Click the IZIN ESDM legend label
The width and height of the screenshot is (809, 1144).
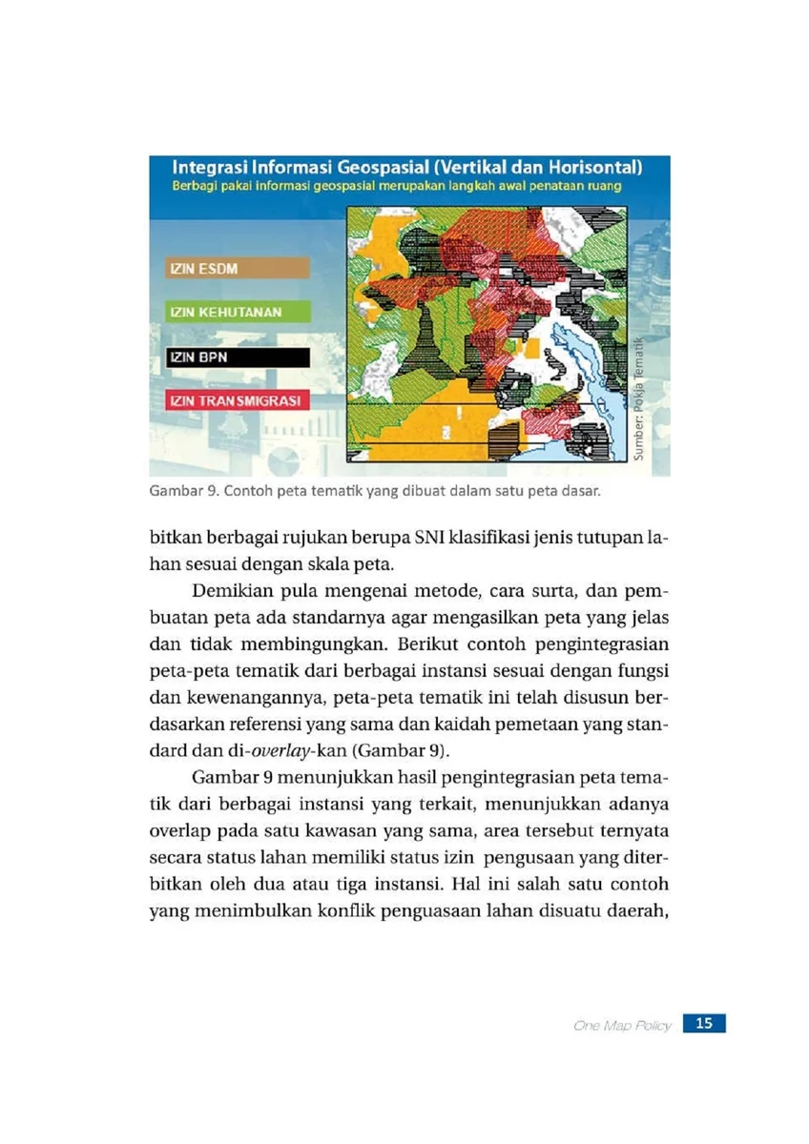[x=204, y=268]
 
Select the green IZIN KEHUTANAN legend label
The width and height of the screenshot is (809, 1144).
[x=218, y=313]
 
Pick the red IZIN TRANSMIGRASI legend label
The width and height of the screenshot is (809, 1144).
[x=234, y=401]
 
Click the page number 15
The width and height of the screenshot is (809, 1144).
[x=704, y=1024]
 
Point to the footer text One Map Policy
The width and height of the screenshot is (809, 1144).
[x=623, y=1026]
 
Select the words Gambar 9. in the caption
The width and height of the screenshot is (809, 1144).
[x=177, y=493]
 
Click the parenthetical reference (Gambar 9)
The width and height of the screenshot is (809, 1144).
[x=355, y=744]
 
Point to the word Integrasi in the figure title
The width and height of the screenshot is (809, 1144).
[x=199, y=168]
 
